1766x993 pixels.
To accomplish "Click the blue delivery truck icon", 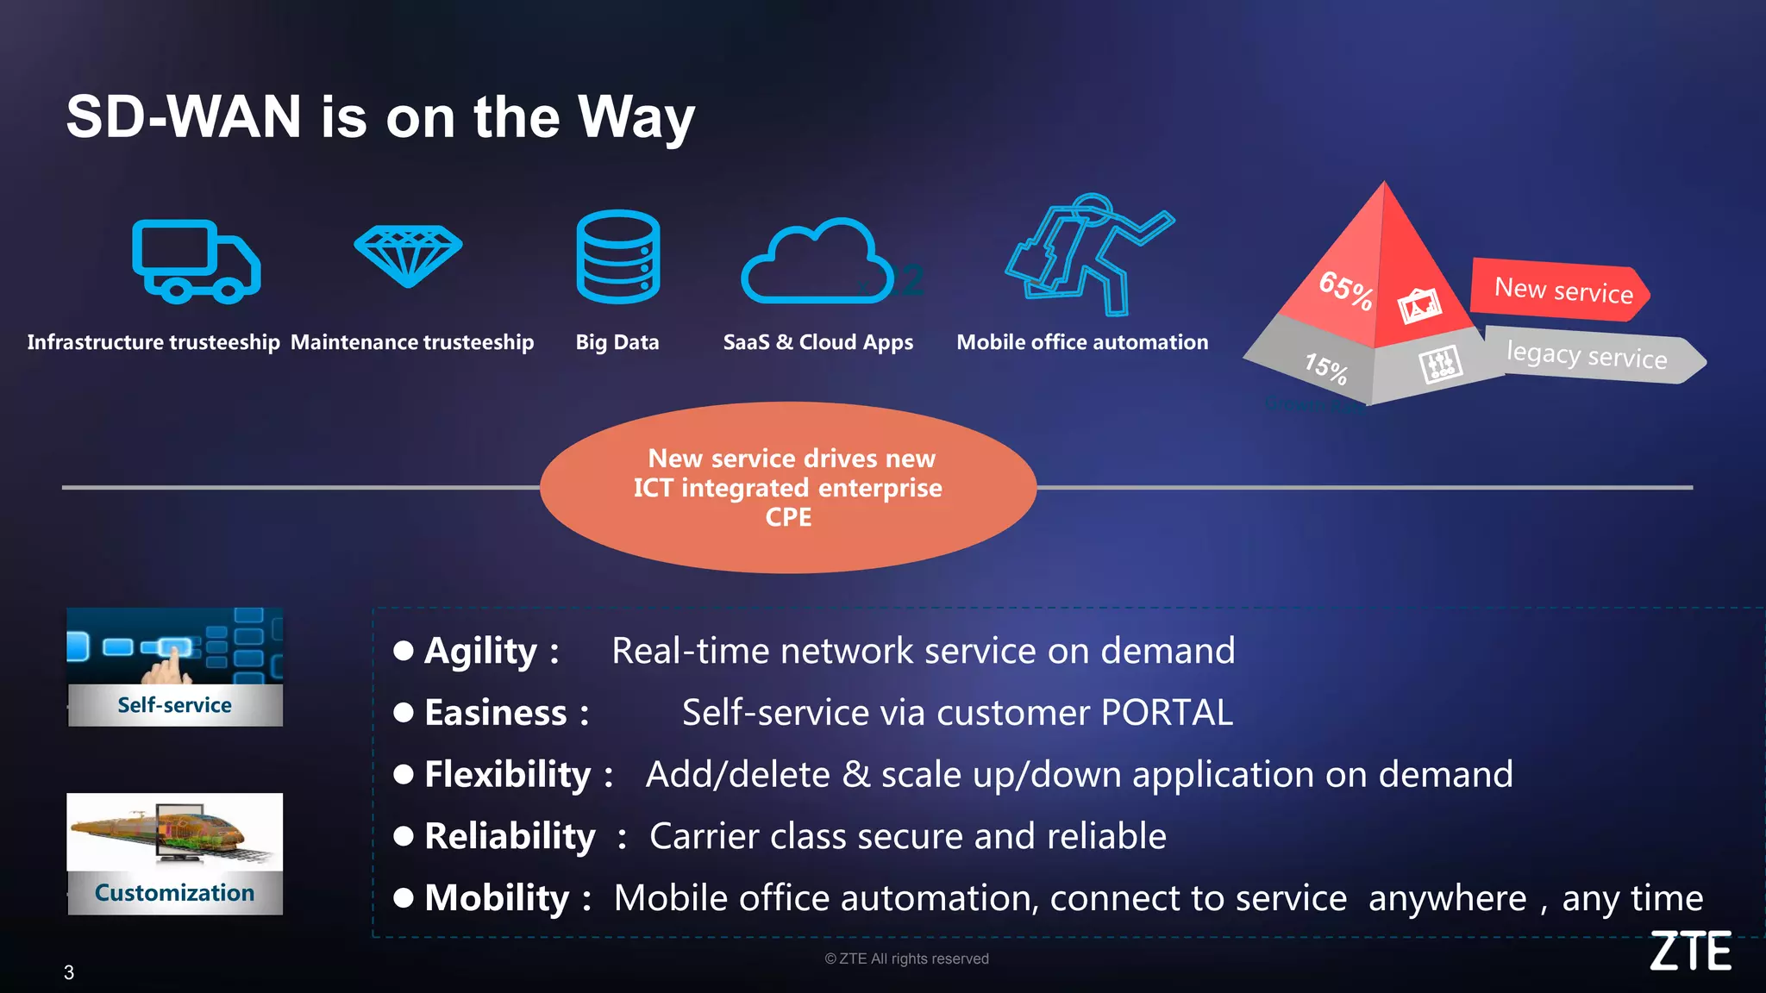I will (x=196, y=261).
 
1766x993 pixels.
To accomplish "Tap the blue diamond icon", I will (x=408, y=255).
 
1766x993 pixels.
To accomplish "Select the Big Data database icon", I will (x=617, y=257).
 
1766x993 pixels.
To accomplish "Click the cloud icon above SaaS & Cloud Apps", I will (x=816, y=262).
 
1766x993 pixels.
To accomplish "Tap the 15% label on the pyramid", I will (x=1326, y=368).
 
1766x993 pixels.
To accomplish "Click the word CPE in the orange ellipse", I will (x=788, y=517).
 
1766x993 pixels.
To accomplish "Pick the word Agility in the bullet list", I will (x=480, y=652).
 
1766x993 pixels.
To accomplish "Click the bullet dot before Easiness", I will (x=403, y=713).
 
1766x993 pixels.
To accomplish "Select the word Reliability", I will (x=510, y=837).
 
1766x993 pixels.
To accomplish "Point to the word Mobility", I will (x=497, y=899).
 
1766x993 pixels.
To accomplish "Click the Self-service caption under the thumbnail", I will (x=174, y=705).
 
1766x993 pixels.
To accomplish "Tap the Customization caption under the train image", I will (x=174, y=893).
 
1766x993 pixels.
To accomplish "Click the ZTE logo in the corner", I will (x=1690, y=951).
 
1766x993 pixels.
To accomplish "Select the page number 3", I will (x=69, y=972).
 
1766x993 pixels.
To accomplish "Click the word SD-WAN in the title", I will (x=184, y=117).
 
